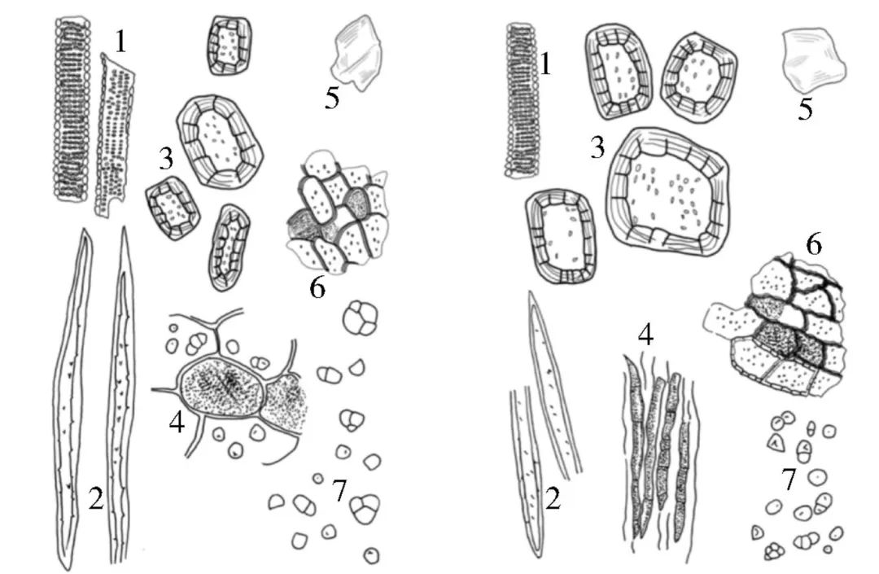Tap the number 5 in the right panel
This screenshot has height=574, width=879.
(x=805, y=109)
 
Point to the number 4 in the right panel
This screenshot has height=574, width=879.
(x=645, y=335)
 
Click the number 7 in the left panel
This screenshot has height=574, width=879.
(x=339, y=490)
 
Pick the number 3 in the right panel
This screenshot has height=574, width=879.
(x=597, y=148)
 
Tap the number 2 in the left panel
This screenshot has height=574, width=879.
(x=96, y=498)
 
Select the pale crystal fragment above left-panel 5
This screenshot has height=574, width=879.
(x=357, y=52)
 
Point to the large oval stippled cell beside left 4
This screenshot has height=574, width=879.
(x=222, y=385)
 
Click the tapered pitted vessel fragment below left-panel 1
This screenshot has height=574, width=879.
(x=114, y=134)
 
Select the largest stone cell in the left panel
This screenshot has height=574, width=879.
(x=220, y=141)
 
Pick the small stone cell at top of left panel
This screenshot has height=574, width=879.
(x=230, y=46)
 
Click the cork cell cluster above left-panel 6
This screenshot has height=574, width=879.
(x=337, y=213)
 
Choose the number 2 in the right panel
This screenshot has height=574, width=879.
(x=553, y=498)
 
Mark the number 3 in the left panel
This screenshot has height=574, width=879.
(x=166, y=159)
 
